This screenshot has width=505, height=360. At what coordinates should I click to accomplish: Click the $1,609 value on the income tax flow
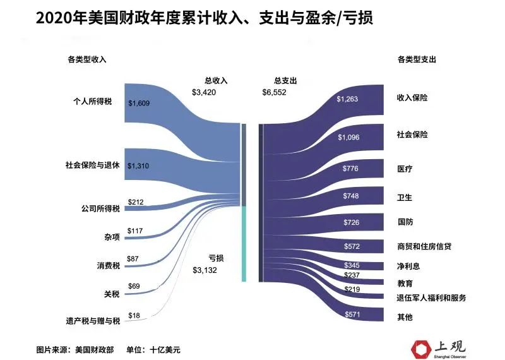point(139,103)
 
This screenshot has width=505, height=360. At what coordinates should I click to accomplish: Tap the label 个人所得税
point(92,102)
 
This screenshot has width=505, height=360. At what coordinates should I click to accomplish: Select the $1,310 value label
point(138,166)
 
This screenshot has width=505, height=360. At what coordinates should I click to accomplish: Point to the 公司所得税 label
point(100,208)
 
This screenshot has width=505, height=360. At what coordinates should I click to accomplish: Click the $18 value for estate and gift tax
point(134,315)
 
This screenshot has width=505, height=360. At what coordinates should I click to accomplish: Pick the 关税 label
point(112,294)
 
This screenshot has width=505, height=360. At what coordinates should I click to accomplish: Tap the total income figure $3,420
point(204,92)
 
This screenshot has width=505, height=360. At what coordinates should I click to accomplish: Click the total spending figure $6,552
point(274,92)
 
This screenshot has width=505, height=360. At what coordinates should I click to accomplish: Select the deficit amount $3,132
point(205,270)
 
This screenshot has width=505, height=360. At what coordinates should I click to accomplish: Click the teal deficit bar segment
point(244,244)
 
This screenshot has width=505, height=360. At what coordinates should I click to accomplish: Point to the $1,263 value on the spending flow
point(347,99)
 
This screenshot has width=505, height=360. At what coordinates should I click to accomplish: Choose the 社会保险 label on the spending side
point(412,135)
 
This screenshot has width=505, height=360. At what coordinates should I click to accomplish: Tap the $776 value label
point(350,168)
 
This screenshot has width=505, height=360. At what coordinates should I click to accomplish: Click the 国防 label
point(405,222)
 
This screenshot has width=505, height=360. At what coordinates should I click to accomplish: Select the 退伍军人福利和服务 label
point(431,297)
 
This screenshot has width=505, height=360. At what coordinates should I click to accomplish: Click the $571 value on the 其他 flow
point(352,315)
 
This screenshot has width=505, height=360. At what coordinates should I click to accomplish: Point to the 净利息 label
point(408,266)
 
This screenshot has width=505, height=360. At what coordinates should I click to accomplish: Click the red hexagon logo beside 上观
point(421,349)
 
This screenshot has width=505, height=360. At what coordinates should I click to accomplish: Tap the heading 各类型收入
point(87,59)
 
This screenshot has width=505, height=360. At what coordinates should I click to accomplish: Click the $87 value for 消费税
point(133,259)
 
